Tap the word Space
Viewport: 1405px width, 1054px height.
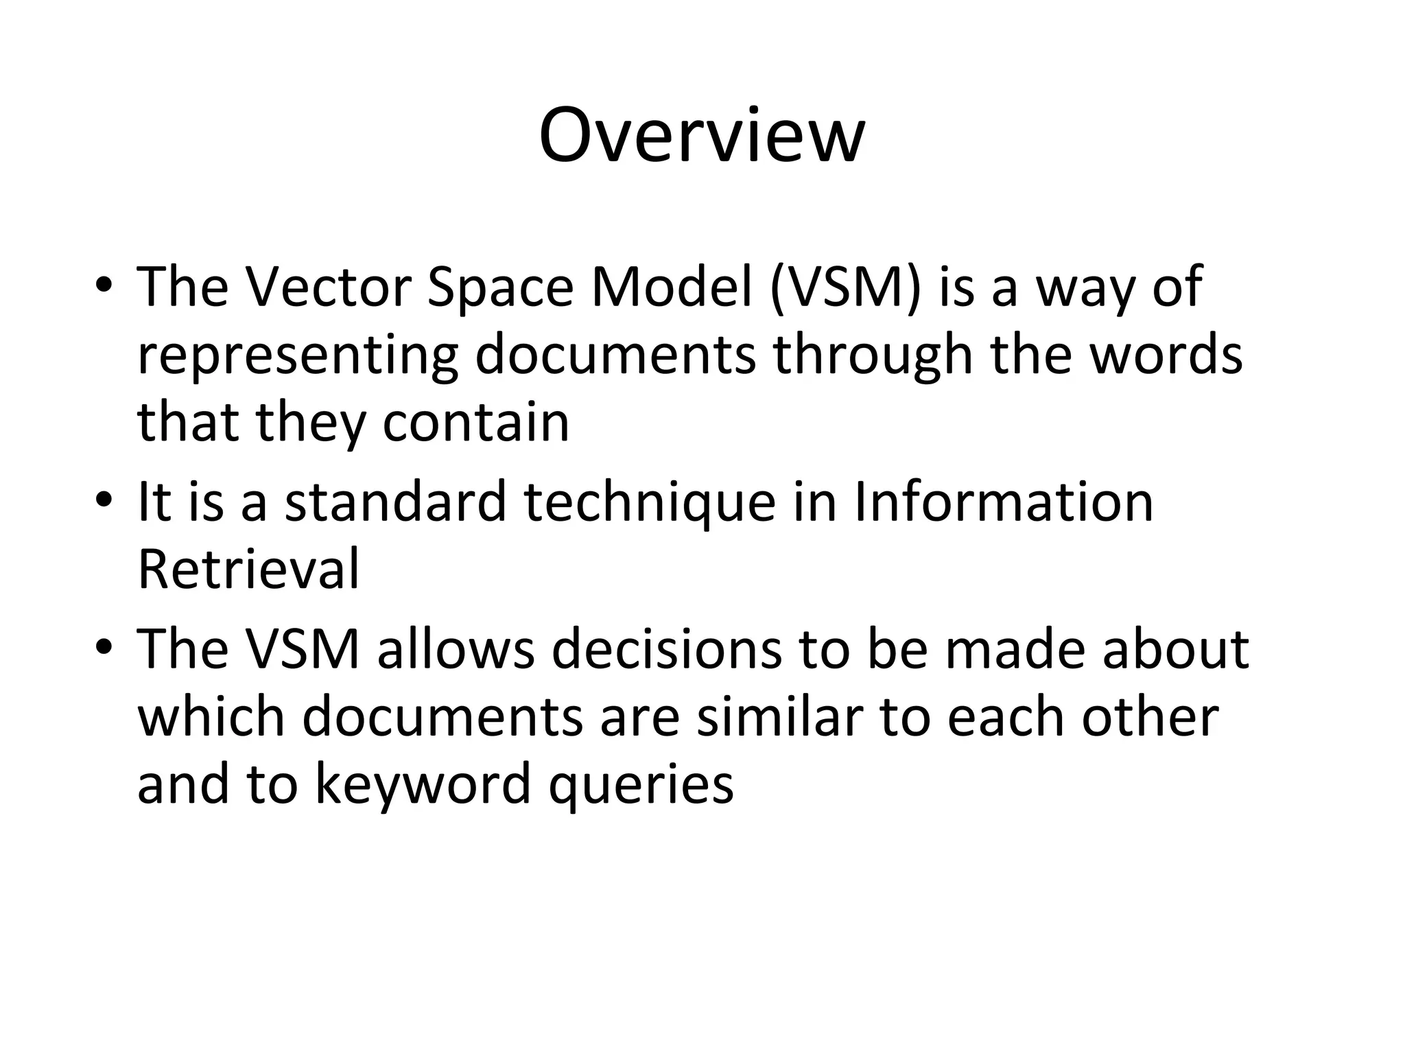click(499, 288)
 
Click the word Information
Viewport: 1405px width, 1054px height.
click(1003, 502)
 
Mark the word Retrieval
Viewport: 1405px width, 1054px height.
click(248, 569)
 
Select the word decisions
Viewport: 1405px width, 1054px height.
click(666, 649)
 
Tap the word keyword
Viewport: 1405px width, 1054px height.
click(423, 785)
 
